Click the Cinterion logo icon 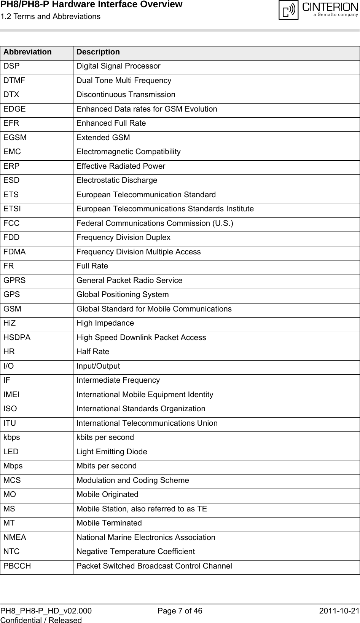pos(288,10)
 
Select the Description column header pos(98,52)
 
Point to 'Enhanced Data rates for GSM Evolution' pos(147,109)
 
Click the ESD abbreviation pos(11,181)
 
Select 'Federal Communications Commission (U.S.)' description pos(155,223)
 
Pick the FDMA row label pos(14,252)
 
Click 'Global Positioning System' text pos(123,295)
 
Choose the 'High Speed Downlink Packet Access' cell pos(141,338)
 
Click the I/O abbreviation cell pos(9,366)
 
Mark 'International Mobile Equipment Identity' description pos(145,395)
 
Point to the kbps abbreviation pos(12,438)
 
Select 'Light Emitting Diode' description pos(112,452)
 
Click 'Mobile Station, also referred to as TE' pos(142,509)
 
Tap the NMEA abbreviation pos(15,538)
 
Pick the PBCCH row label pos(17,566)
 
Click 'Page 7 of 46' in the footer pos(180,611)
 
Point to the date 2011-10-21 pos(339,611)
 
